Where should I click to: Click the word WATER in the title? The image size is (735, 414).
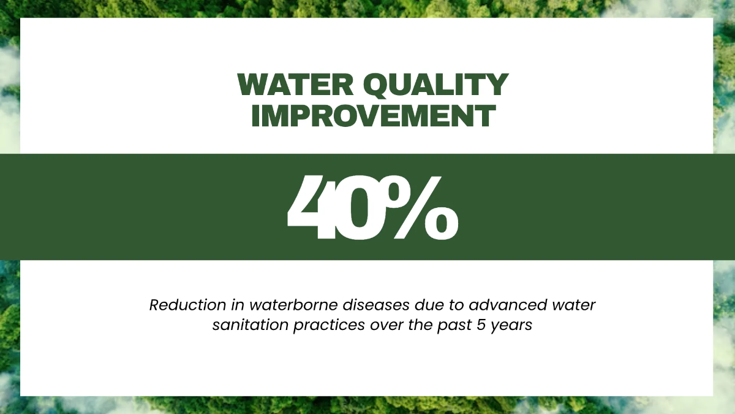click(295, 85)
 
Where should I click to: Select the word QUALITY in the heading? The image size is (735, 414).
click(436, 85)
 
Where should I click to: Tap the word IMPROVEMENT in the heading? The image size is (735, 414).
click(374, 116)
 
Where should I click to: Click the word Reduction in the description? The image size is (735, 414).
click(187, 305)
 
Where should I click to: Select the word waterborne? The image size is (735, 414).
click(293, 305)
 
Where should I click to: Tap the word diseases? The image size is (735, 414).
click(376, 305)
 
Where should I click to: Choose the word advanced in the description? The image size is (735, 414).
click(508, 305)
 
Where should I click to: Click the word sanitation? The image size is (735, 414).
click(251, 325)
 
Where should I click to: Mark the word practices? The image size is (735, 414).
click(329, 326)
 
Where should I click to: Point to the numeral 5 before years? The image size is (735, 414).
click(481, 325)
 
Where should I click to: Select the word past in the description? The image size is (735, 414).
click(454, 326)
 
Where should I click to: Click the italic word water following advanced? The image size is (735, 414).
click(574, 305)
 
